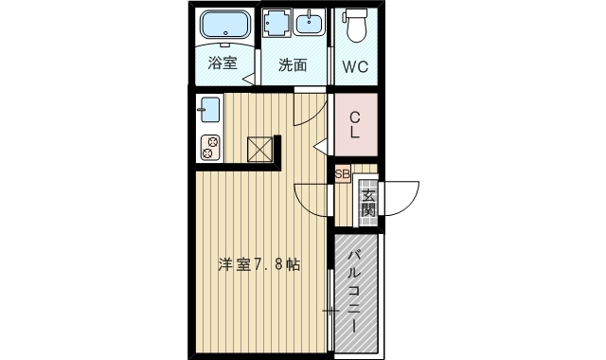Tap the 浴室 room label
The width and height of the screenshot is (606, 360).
tap(223, 64)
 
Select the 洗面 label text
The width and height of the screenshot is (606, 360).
tap(293, 65)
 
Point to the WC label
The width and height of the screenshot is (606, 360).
tap(356, 67)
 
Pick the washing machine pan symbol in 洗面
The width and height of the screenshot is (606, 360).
tap(277, 25)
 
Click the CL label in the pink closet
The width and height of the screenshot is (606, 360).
tap(354, 125)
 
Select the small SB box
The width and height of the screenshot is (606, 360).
tap(342, 174)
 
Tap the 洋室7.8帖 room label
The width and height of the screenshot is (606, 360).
tap(259, 264)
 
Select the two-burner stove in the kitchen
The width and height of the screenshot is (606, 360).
tap(209, 147)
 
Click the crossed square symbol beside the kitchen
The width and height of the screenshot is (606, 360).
tap(259, 150)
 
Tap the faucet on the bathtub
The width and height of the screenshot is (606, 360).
tap(225, 43)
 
